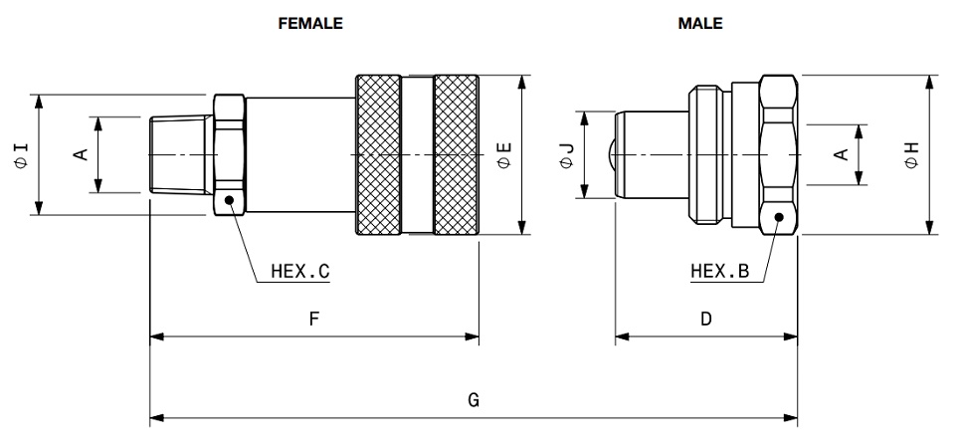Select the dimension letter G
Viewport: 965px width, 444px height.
coord(474,400)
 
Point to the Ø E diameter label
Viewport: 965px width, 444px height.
coord(503,154)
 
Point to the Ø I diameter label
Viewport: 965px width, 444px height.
coord(21,154)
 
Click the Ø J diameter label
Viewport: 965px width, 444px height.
coord(566,154)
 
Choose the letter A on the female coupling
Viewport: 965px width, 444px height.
coord(83,154)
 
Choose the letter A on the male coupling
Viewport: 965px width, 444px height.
coord(841,154)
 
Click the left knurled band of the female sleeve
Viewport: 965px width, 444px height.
coord(378,154)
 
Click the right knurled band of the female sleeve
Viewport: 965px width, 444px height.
coord(457,154)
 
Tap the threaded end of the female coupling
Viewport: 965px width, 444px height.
coord(176,155)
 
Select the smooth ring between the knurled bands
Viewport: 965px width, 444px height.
coord(418,154)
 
